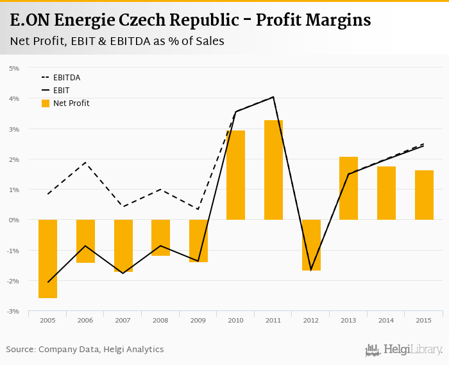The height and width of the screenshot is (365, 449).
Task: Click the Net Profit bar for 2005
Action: coord(47,258)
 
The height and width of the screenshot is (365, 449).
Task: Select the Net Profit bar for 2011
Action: coord(273,170)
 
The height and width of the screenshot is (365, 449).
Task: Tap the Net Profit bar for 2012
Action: coord(311,245)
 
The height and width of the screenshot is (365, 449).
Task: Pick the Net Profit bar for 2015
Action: coord(424,195)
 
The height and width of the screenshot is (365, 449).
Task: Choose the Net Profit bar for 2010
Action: coord(235,175)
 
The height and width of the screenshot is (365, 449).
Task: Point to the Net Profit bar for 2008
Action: coord(160,238)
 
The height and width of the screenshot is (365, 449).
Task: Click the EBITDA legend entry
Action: coord(66,78)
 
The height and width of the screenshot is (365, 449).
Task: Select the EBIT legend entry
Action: coord(61,91)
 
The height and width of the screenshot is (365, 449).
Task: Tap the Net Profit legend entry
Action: coord(71,103)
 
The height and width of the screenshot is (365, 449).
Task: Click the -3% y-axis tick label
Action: coord(13,312)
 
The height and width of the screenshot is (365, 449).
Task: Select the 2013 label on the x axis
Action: coord(348,320)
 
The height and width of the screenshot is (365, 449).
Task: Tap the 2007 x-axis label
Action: coord(123,320)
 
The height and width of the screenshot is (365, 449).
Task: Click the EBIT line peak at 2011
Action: coord(273,97)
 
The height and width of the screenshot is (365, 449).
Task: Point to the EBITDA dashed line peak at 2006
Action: coord(85,163)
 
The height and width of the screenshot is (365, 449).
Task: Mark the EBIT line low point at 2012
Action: coord(311,269)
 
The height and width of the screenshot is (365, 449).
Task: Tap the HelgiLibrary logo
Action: coord(403,350)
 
